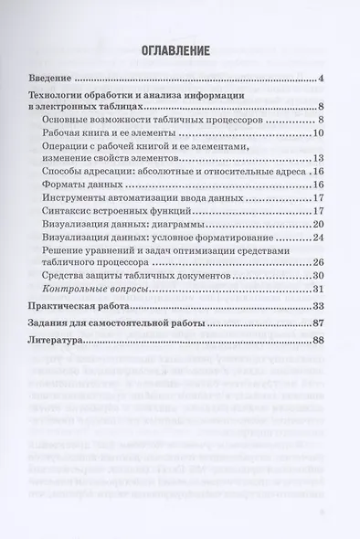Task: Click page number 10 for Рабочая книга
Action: click(320, 133)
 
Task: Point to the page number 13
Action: click(320, 158)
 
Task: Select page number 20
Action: click(320, 224)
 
